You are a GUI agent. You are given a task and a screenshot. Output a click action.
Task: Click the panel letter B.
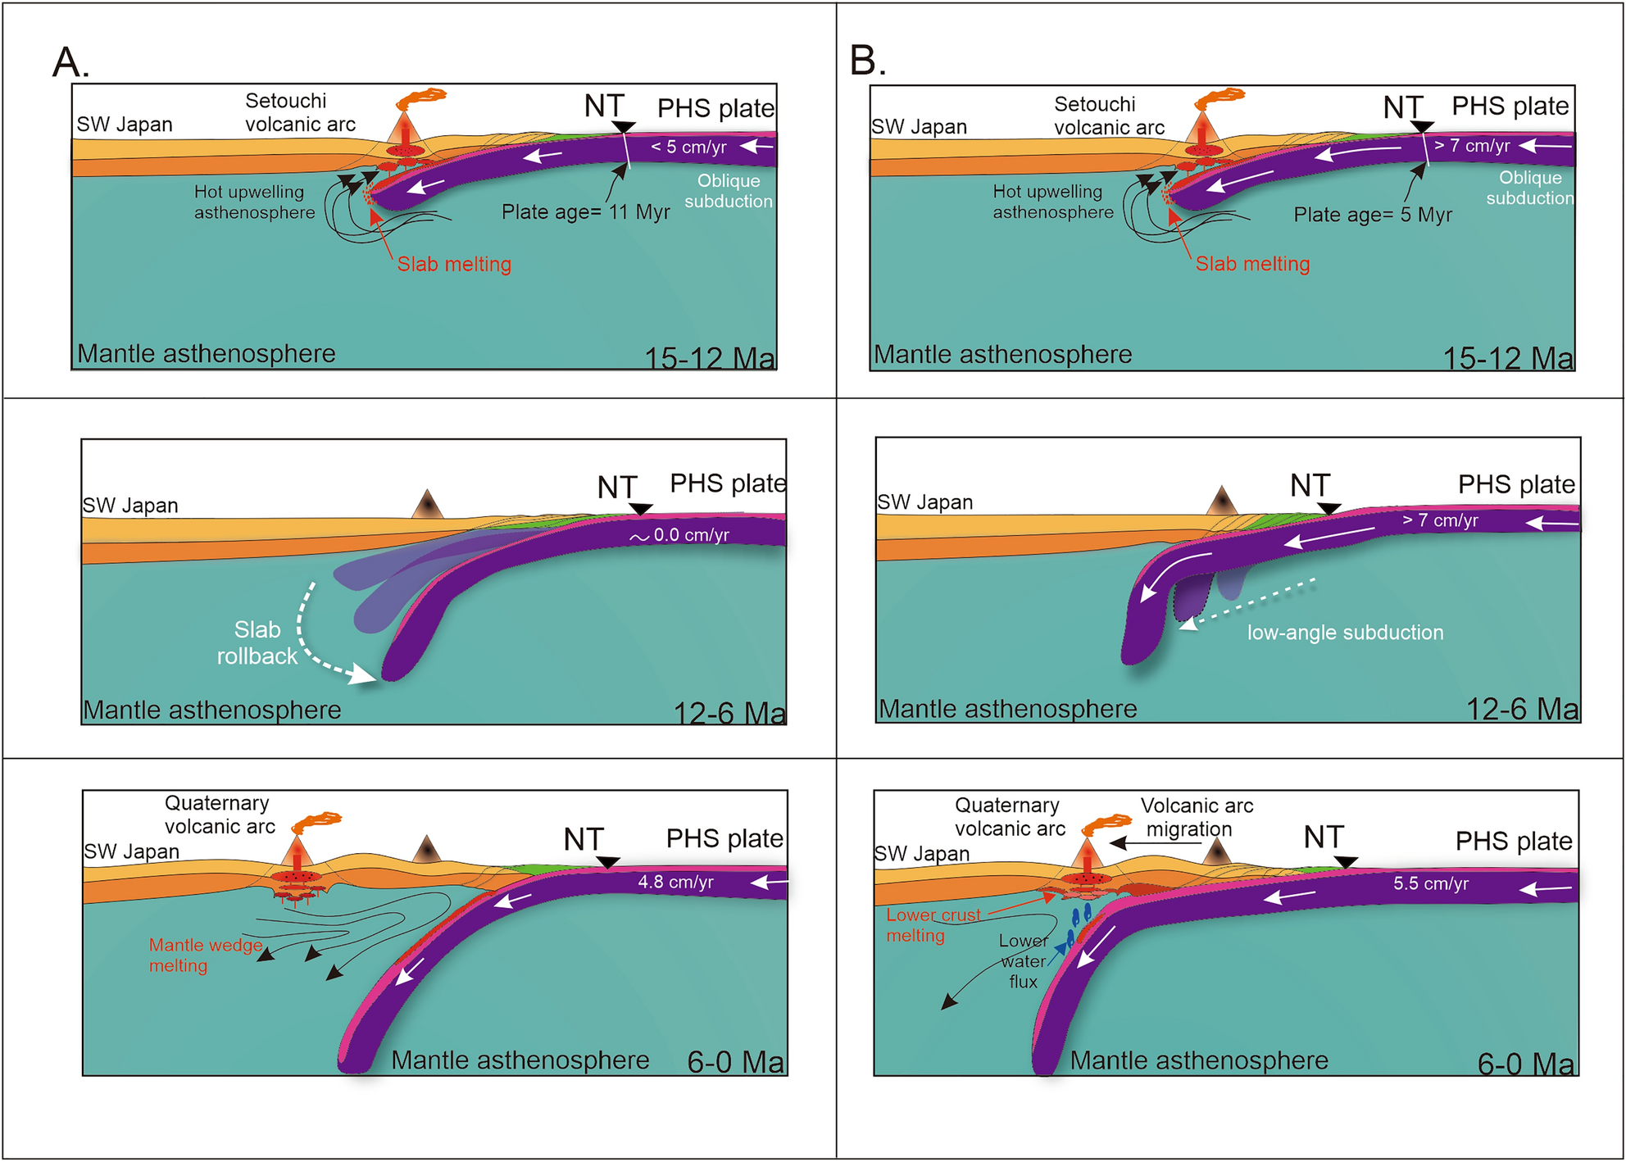(x=867, y=61)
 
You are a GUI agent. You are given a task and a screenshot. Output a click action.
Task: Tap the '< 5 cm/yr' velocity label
(x=688, y=148)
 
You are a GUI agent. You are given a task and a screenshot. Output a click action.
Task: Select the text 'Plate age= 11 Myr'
(x=585, y=212)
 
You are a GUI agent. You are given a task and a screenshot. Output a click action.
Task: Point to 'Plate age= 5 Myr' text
(x=1372, y=215)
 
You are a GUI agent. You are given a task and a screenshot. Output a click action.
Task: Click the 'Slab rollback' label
(x=257, y=643)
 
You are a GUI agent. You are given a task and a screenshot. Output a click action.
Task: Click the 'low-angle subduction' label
(x=1345, y=633)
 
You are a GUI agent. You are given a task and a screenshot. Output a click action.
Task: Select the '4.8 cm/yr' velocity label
(x=675, y=883)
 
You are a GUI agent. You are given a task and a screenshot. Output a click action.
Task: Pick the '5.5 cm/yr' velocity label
(x=1431, y=884)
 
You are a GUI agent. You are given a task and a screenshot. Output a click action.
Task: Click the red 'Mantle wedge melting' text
(x=205, y=955)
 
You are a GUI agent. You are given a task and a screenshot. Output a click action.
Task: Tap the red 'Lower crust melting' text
(x=933, y=925)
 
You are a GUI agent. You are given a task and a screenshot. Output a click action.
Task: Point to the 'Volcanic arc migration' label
(x=1196, y=817)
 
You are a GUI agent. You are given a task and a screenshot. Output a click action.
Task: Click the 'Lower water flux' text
(x=1023, y=961)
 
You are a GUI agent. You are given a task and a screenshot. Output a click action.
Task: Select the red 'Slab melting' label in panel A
(x=454, y=265)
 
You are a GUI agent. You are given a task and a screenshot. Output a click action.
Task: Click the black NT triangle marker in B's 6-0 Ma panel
(x=1345, y=862)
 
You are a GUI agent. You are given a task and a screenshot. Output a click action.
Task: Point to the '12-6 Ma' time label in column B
(x=1521, y=709)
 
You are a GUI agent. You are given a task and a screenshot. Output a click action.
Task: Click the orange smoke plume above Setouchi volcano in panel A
(x=422, y=99)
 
